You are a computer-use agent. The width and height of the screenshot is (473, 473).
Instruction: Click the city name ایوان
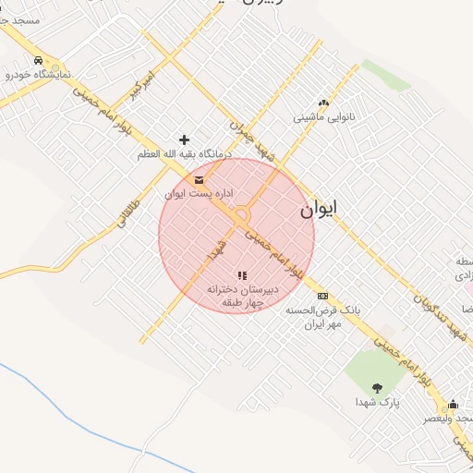(x=318, y=210)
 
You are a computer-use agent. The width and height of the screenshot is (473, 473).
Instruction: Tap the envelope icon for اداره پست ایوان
(x=199, y=180)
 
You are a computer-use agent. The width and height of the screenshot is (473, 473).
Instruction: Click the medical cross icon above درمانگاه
(x=184, y=139)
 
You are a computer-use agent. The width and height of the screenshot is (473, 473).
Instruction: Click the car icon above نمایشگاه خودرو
(x=37, y=61)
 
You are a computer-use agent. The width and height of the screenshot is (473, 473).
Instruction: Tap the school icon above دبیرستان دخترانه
(x=242, y=275)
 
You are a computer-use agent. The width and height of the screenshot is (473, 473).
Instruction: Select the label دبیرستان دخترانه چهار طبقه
(x=236, y=296)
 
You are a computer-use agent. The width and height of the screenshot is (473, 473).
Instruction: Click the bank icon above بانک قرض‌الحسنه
(x=321, y=296)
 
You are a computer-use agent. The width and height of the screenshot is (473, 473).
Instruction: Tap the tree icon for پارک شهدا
(x=376, y=388)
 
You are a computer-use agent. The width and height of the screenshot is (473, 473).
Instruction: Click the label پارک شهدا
(x=376, y=403)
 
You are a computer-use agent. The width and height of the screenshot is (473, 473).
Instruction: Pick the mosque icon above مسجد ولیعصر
(x=453, y=405)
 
